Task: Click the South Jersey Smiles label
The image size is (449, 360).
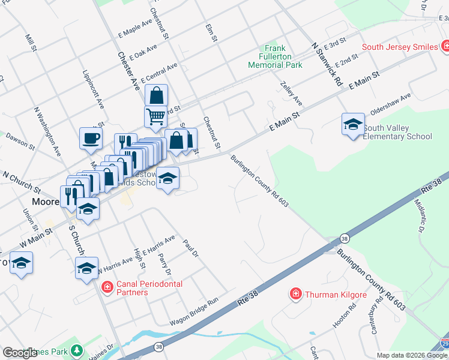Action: click(x=399, y=46)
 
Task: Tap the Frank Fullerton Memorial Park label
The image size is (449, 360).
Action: click(x=275, y=57)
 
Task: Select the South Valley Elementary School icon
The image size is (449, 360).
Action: click(x=353, y=125)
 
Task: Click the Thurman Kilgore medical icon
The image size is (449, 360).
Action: click(x=295, y=293)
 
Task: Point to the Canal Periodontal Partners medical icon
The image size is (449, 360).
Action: click(x=107, y=288)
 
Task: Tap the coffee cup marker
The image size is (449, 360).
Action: click(x=91, y=139)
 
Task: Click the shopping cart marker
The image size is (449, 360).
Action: click(x=155, y=116)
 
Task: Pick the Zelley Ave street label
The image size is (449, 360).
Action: click(x=291, y=92)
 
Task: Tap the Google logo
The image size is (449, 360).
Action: click(x=20, y=353)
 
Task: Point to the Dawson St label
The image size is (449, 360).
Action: click(x=17, y=142)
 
